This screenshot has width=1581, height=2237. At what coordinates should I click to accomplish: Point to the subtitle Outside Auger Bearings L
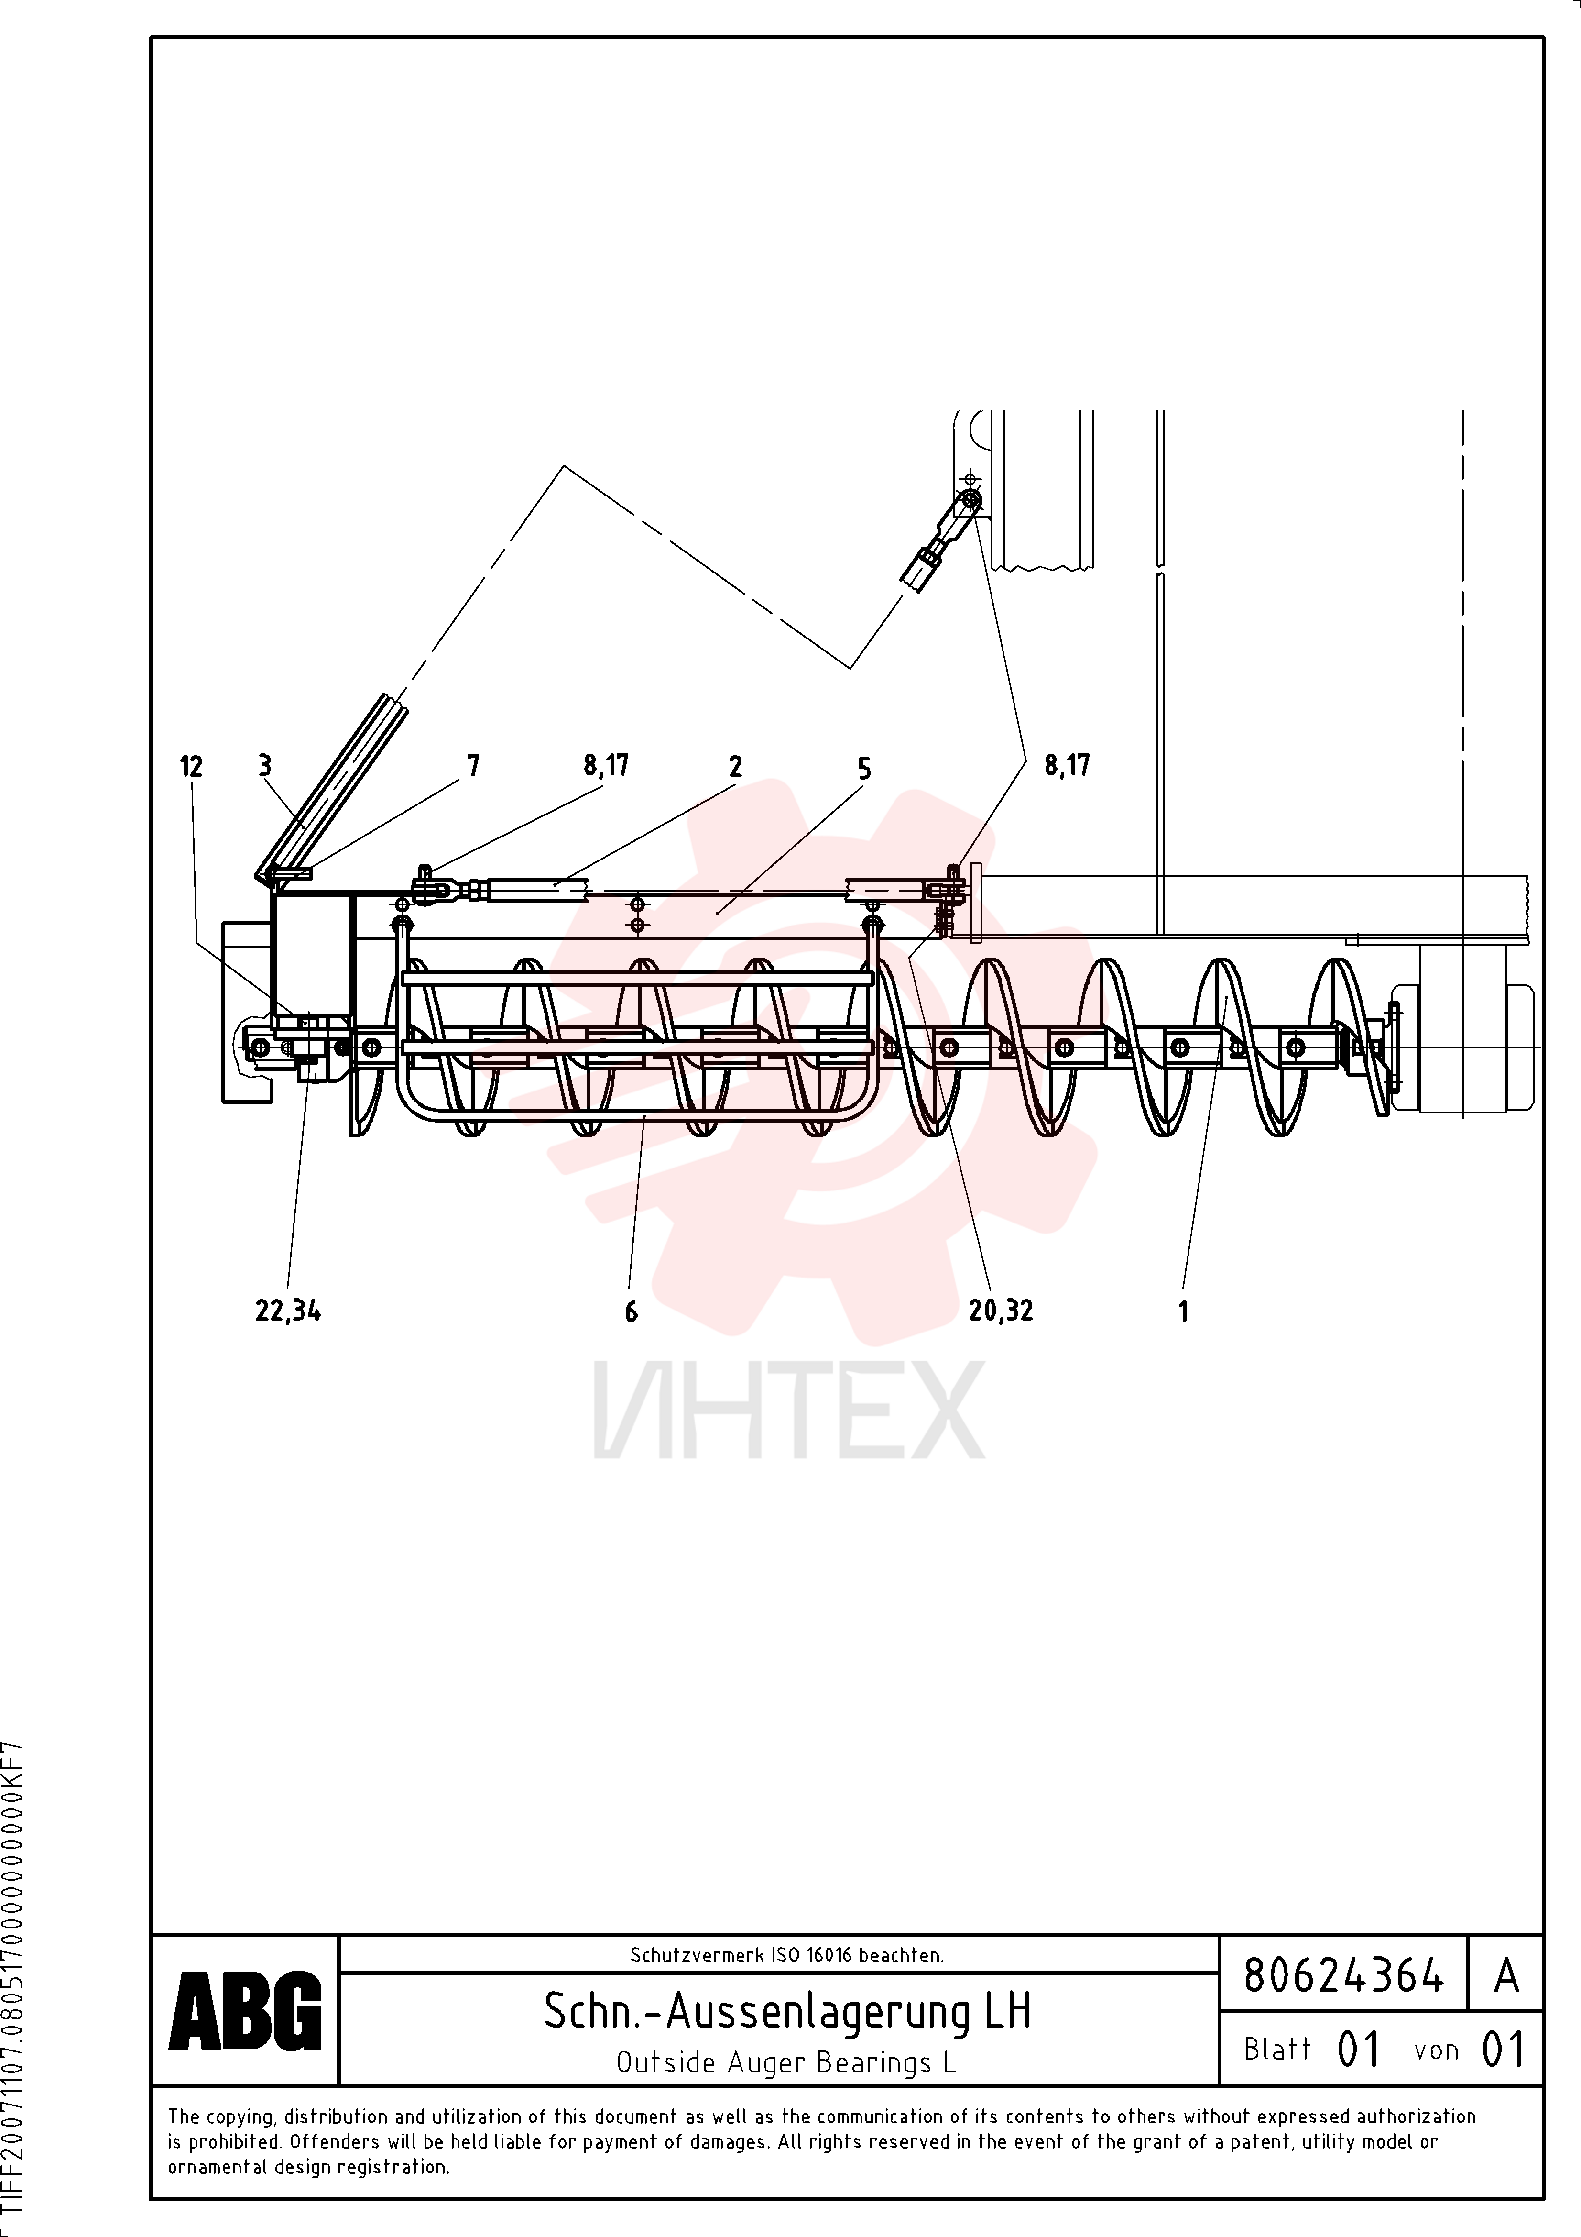point(786,2062)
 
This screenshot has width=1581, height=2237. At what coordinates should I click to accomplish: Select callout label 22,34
point(288,1311)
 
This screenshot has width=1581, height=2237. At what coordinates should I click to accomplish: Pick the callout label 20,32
point(1001,1311)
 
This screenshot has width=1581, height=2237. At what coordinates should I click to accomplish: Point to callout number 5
point(864,769)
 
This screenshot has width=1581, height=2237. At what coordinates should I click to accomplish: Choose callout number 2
point(735,767)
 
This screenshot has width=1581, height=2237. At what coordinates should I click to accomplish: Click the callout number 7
point(473,766)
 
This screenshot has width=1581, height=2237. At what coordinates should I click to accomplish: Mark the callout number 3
point(265,766)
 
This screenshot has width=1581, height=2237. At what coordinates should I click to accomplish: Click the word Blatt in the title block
point(1277,2049)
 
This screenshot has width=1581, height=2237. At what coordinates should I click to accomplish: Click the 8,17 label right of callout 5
point(1067,766)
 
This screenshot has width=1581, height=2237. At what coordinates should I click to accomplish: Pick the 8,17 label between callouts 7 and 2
point(606,766)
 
